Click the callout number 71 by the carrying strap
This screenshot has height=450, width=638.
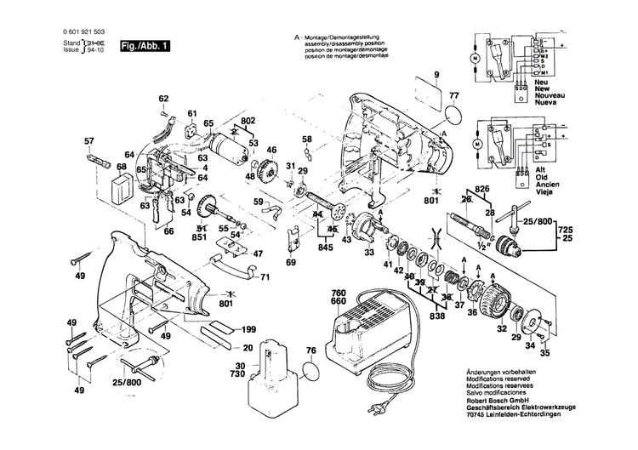[x=265, y=277]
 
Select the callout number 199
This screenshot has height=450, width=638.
[x=248, y=329]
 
